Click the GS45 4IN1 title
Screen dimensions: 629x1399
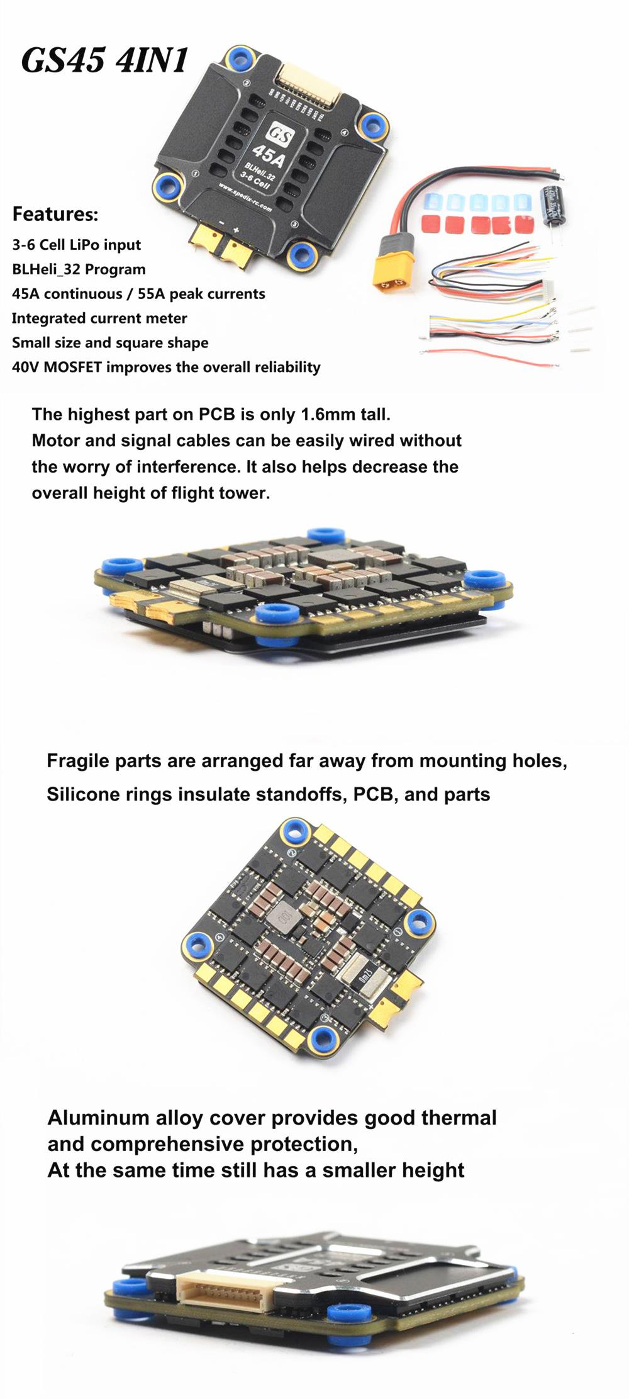click(105, 60)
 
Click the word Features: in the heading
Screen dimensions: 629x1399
click(55, 214)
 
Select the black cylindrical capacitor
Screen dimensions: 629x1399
click(555, 203)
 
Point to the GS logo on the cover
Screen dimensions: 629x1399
click(279, 133)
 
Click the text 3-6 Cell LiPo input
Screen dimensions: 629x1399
click(76, 245)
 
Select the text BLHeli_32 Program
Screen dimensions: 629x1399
click(79, 269)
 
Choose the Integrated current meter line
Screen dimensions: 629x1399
click(99, 318)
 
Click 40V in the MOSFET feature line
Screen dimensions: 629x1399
click(25, 367)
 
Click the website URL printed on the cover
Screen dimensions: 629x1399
click(245, 198)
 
